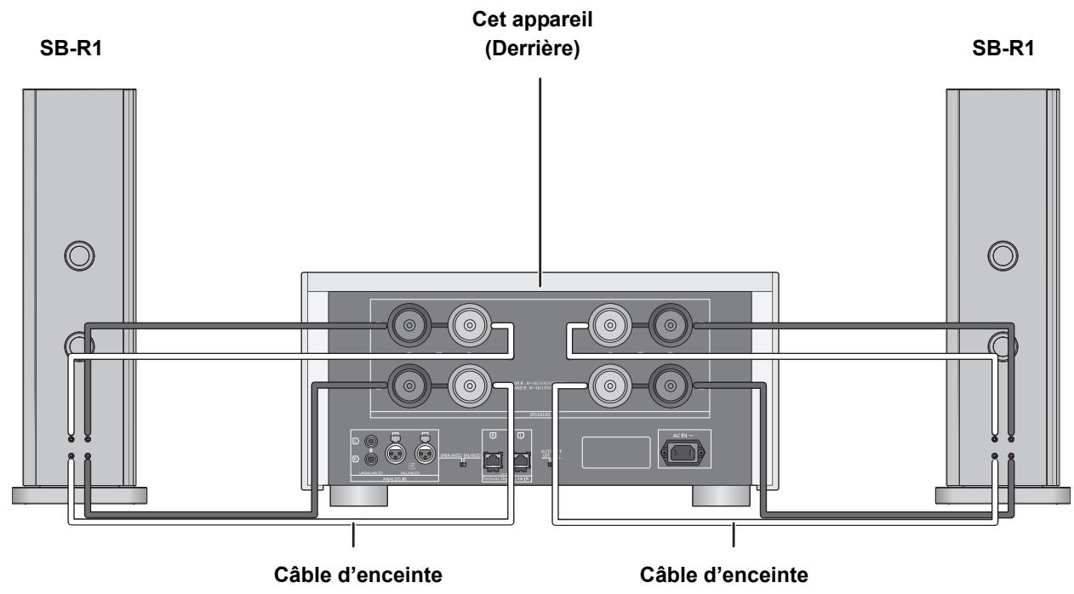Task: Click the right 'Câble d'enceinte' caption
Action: [x=733, y=576]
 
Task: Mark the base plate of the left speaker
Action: [x=80, y=494]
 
